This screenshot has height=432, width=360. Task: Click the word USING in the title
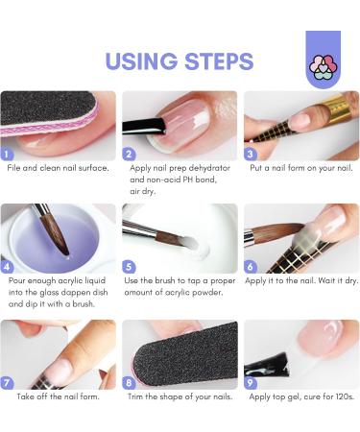click(141, 61)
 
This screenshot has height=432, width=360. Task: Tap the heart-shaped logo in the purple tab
click(324, 67)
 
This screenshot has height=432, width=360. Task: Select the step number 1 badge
click(7, 155)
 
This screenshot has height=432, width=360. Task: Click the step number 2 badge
click(129, 155)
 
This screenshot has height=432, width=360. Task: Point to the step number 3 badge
click(251, 155)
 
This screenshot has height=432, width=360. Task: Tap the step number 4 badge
click(7, 267)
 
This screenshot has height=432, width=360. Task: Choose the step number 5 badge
click(129, 267)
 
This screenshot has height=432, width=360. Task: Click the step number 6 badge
click(251, 267)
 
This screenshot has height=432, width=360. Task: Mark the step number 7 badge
click(7, 383)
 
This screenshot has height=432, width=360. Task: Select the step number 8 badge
click(129, 383)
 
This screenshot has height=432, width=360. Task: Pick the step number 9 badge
click(251, 383)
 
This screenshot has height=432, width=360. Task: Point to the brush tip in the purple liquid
click(67, 253)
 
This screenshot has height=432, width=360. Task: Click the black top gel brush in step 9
click(267, 366)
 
